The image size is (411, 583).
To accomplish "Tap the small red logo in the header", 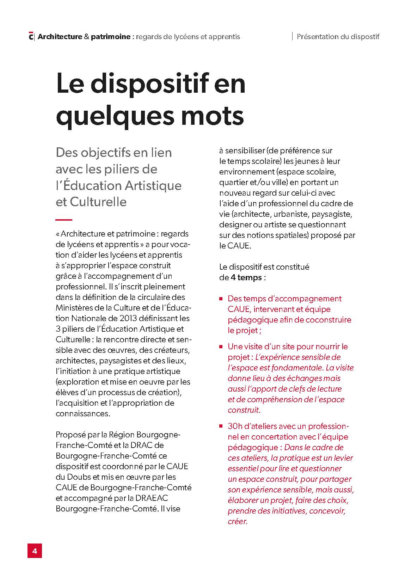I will pyautogui.click(x=31, y=36).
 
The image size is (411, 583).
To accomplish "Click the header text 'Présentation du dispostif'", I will pyautogui.click(x=338, y=36).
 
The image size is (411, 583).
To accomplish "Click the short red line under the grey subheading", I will pyautogui.click(x=64, y=220).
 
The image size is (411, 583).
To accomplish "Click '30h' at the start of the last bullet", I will pyautogui.click(x=234, y=426).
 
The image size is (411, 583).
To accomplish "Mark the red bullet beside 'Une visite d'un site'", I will pyautogui.click(x=221, y=347).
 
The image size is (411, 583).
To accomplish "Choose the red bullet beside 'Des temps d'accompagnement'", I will pyautogui.click(x=221, y=299).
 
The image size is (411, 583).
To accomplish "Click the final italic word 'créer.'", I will pyautogui.click(x=238, y=521).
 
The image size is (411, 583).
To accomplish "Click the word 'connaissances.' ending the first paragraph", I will pyautogui.click(x=83, y=413).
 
